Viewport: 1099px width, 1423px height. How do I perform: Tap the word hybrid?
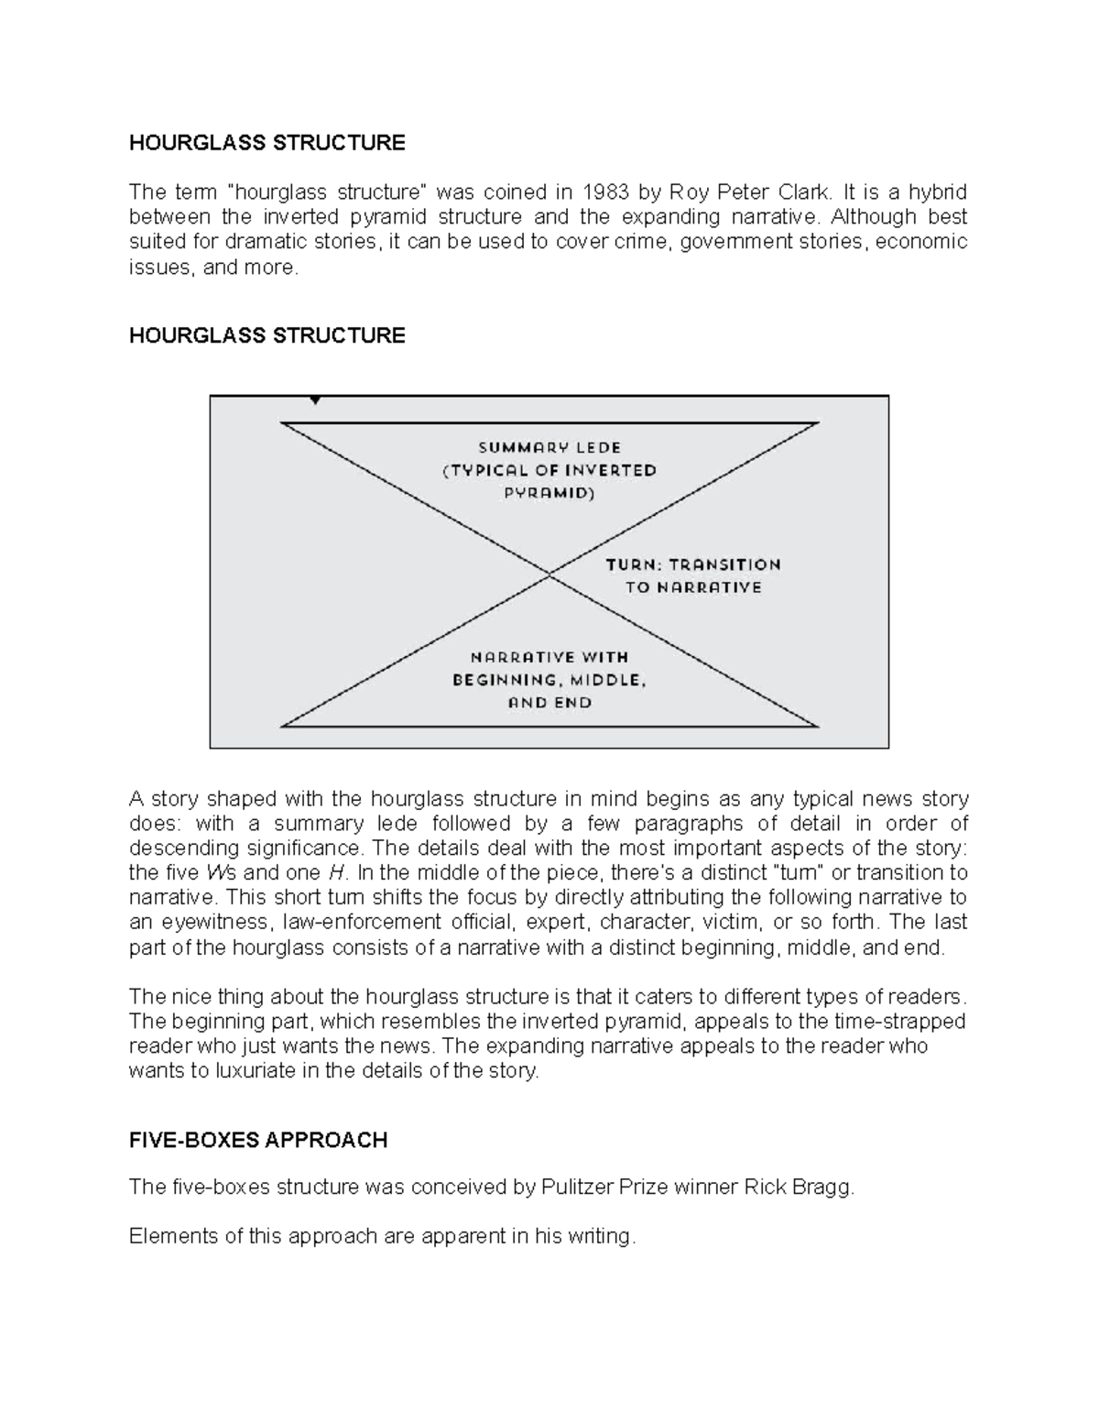[937, 192]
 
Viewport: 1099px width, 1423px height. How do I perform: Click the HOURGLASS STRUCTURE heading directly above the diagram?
[267, 335]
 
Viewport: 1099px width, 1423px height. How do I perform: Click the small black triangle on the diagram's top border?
[315, 400]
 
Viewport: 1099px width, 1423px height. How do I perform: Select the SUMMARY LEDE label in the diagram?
[549, 448]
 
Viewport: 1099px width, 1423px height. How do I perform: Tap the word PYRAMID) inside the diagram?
[549, 493]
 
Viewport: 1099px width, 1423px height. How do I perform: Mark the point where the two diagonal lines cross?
[549, 574]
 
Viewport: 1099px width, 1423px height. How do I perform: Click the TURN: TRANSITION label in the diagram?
[693, 564]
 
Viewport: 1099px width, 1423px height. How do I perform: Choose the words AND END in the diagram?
[549, 703]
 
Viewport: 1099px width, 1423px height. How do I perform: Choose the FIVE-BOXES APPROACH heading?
[258, 1140]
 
